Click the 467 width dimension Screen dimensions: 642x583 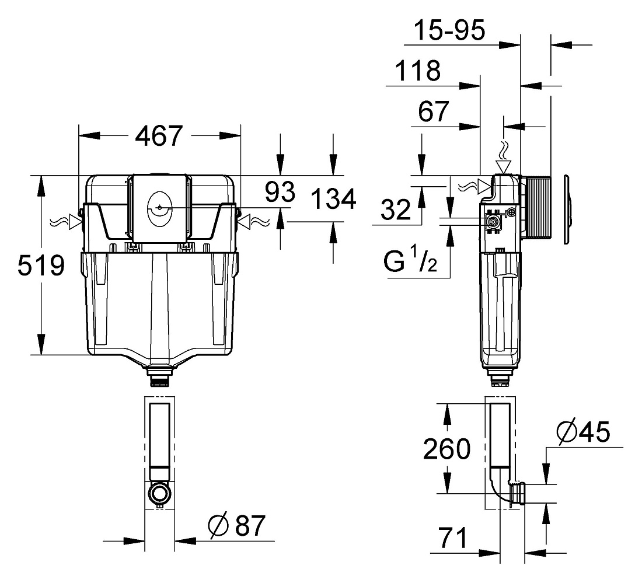(158, 136)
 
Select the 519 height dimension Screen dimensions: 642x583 (41, 266)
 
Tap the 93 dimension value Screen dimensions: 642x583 (280, 191)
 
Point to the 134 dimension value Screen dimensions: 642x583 (333, 200)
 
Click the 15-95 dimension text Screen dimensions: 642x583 (449, 30)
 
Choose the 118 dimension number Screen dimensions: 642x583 (418, 71)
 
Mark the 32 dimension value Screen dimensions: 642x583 (396, 210)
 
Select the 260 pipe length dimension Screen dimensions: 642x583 (446, 449)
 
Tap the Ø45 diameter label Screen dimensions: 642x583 (584, 431)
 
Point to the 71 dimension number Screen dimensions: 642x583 (453, 537)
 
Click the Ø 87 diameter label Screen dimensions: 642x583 (236, 525)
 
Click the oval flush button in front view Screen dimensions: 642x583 (159, 209)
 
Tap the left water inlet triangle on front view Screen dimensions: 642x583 (75, 222)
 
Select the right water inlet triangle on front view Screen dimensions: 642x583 (243, 222)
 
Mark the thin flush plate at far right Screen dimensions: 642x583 (567, 210)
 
